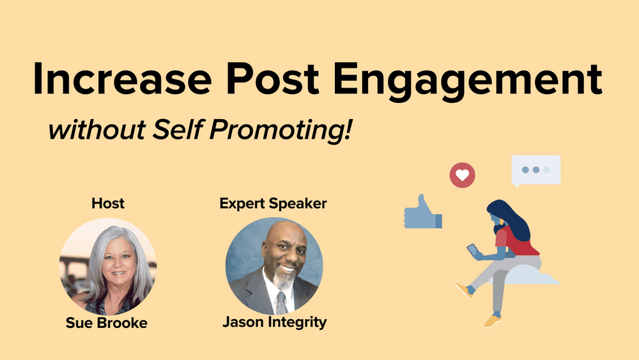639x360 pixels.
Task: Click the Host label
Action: (x=107, y=203)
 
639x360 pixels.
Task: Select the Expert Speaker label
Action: (x=273, y=203)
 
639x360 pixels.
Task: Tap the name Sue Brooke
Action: (x=107, y=323)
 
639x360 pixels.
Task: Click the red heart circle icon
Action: (x=462, y=175)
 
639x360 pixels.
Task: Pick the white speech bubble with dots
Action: (x=535, y=170)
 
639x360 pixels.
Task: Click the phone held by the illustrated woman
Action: (x=472, y=249)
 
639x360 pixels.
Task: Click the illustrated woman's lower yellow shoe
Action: (x=491, y=320)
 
